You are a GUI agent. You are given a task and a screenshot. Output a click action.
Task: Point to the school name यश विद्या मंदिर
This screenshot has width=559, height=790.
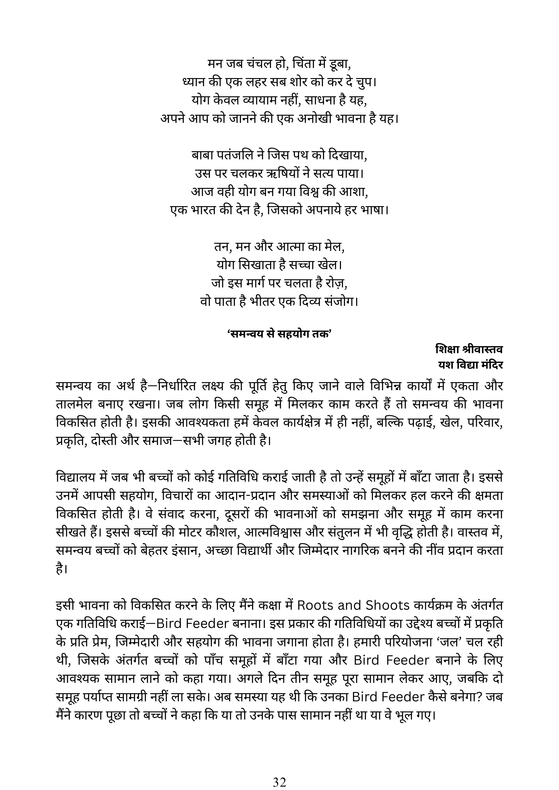(x=470, y=364)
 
